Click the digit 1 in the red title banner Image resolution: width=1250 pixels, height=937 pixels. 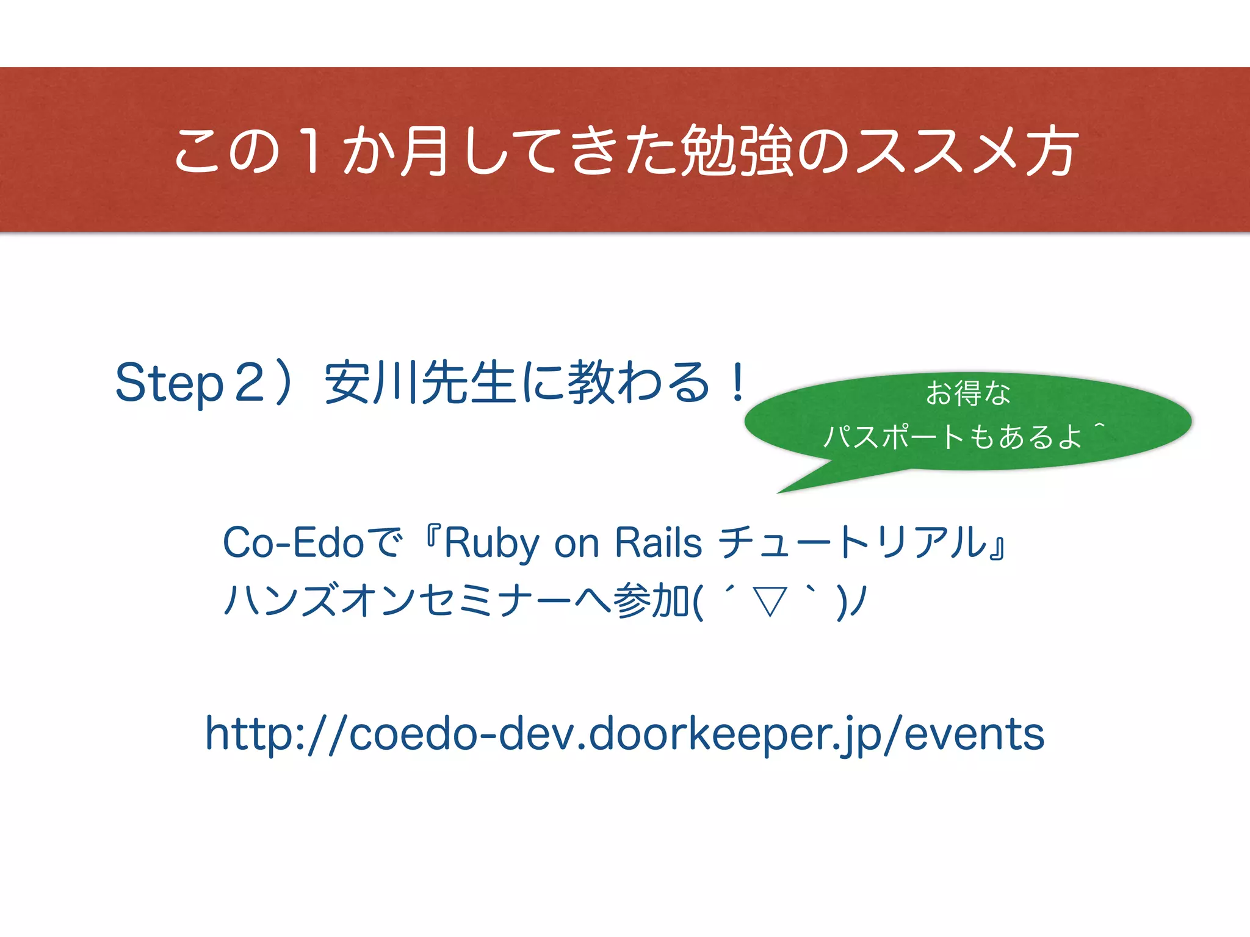[x=312, y=151]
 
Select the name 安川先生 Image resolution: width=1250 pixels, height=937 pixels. [x=420, y=383]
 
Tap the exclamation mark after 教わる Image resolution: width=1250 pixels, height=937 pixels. [x=738, y=382]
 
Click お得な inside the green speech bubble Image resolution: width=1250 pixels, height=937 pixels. [x=968, y=393]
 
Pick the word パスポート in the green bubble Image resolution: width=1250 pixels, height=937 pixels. [x=895, y=437]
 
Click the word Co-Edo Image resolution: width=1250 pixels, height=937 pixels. [x=293, y=542]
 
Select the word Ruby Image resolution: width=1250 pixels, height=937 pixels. [x=491, y=543]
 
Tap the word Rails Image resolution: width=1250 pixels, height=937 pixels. [x=658, y=542]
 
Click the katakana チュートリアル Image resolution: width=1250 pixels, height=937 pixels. [x=851, y=542]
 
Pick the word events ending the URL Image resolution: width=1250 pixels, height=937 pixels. [x=974, y=734]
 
